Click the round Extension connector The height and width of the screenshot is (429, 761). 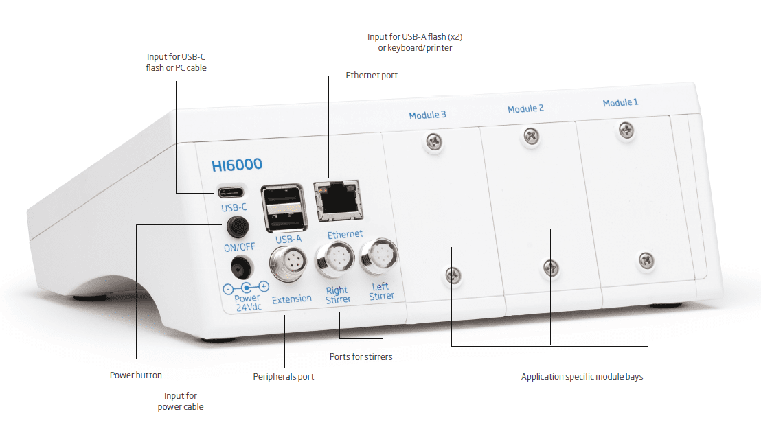click(286, 264)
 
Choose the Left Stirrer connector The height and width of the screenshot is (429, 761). click(380, 254)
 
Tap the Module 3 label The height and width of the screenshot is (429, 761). click(427, 115)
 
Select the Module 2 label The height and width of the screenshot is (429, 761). click(525, 108)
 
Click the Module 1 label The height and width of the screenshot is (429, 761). click(620, 102)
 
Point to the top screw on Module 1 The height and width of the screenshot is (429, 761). click(626, 128)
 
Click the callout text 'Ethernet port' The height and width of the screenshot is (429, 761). click(372, 75)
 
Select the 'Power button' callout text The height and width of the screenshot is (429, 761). click(136, 375)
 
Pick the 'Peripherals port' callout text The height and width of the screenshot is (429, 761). click(284, 377)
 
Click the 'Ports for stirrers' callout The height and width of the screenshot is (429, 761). click(361, 357)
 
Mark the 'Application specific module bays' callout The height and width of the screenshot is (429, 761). click(582, 377)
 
